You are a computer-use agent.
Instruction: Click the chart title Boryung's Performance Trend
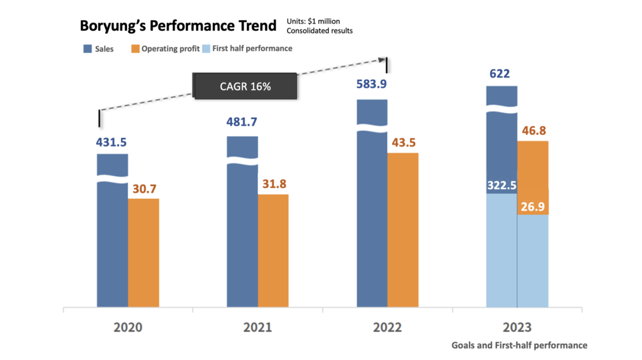(177, 26)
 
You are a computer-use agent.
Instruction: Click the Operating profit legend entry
(165, 49)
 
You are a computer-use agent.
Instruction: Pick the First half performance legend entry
(247, 49)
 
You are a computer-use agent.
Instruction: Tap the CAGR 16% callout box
(245, 86)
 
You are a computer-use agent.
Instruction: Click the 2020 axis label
(128, 327)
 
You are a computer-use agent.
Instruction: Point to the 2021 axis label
(257, 327)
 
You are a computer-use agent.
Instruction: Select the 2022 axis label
(387, 327)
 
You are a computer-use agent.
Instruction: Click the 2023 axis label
(517, 327)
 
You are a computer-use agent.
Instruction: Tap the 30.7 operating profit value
(144, 189)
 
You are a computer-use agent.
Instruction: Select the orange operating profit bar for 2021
(274, 251)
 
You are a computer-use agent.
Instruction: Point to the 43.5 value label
(403, 144)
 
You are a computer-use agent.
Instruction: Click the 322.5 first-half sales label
(501, 185)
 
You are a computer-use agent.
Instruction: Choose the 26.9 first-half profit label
(533, 206)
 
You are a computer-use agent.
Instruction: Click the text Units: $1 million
(313, 21)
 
